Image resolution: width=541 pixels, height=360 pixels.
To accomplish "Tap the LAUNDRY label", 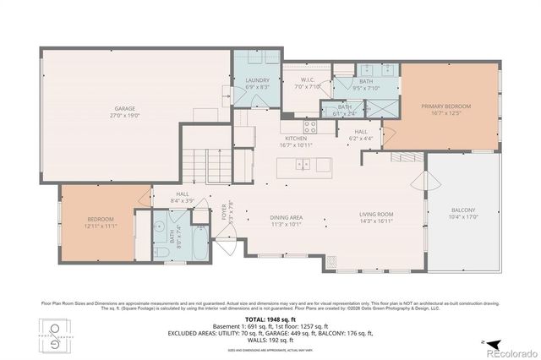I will (258, 80).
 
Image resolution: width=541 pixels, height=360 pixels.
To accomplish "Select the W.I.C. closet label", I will (306, 80).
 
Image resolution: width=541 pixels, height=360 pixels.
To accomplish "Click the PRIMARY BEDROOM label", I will (445, 106).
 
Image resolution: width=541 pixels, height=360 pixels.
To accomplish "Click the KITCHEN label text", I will (295, 138).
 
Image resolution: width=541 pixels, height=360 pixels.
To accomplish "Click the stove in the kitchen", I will (310, 128).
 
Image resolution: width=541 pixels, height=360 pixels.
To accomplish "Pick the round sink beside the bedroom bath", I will (160, 226).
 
